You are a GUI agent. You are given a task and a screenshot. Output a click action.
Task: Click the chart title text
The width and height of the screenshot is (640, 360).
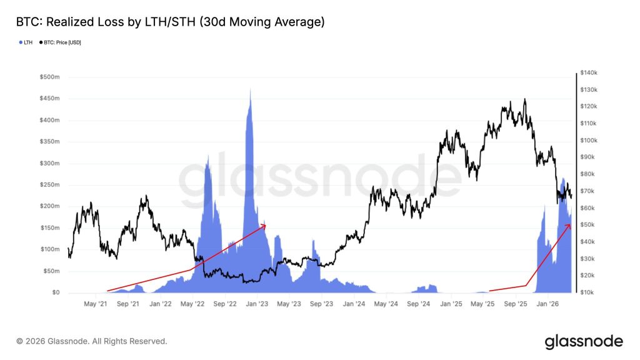point(170,22)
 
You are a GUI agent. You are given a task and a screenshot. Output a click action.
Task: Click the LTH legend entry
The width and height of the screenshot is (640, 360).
point(26,42)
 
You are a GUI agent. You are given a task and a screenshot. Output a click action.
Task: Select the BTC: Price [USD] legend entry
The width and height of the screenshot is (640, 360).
point(61,42)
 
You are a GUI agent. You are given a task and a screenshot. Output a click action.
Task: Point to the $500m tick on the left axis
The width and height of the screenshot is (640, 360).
point(50,77)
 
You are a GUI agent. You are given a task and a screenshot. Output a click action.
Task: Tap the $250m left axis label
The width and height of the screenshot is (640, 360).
point(50,185)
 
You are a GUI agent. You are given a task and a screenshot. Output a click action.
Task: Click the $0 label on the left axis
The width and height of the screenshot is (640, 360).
point(56,292)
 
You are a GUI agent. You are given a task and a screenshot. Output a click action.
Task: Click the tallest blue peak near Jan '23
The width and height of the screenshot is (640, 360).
point(251,90)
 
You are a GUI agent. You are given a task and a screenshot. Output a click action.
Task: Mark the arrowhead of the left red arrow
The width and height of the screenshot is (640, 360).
point(264,226)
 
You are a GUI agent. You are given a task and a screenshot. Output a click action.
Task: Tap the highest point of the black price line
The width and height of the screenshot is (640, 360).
point(524,99)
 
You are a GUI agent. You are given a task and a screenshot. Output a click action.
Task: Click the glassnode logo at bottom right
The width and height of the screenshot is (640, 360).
point(583,341)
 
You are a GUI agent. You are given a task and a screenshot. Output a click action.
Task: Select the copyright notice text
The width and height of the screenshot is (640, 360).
point(92,341)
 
